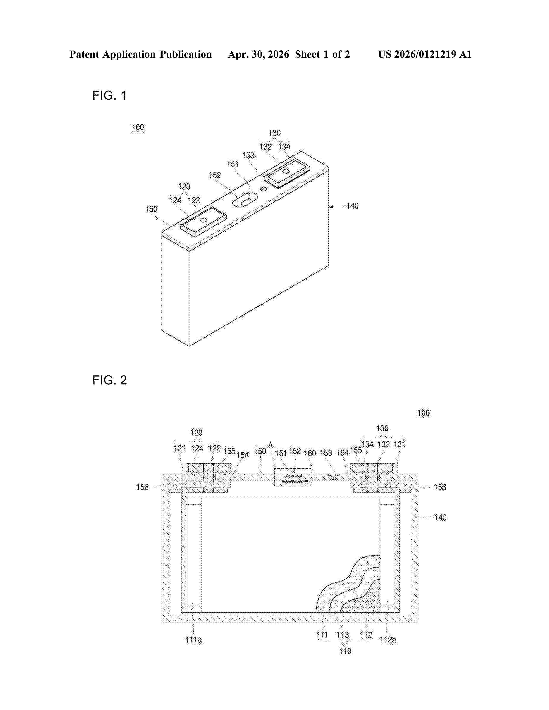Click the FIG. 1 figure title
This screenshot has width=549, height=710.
[x=109, y=95]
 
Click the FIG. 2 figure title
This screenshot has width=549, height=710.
[x=110, y=380]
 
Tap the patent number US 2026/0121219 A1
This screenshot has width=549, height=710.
[x=425, y=54]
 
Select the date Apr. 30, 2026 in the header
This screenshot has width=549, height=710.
[x=259, y=54]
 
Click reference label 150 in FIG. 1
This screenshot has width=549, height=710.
[x=151, y=209]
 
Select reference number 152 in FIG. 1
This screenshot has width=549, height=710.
[x=215, y=175]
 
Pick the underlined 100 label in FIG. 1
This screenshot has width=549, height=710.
[x=138, y=127]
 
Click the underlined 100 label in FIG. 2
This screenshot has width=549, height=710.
[x=423, y=413]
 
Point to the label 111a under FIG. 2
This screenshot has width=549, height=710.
[x=194, y=640]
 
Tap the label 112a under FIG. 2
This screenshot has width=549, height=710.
[x=388, y=640]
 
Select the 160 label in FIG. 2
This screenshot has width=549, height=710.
[x=310, y=453]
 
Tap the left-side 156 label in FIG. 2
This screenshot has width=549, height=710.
[x=142, y=487]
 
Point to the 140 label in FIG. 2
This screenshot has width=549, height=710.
[x=440, y=517]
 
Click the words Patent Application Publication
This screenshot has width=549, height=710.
[x=141, y=54]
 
